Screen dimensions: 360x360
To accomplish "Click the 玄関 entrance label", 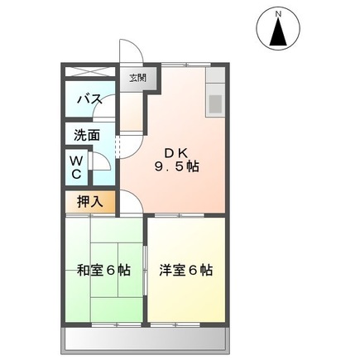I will click(x=137, y=79).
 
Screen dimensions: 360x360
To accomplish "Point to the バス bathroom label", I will click(x=89, y=99).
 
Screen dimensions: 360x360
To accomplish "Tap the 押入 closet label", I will click(x=88, y=200).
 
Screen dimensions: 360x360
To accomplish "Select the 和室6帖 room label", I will click(x=102, y=270).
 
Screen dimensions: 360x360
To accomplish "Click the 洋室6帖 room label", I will click(x=185, y=270).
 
